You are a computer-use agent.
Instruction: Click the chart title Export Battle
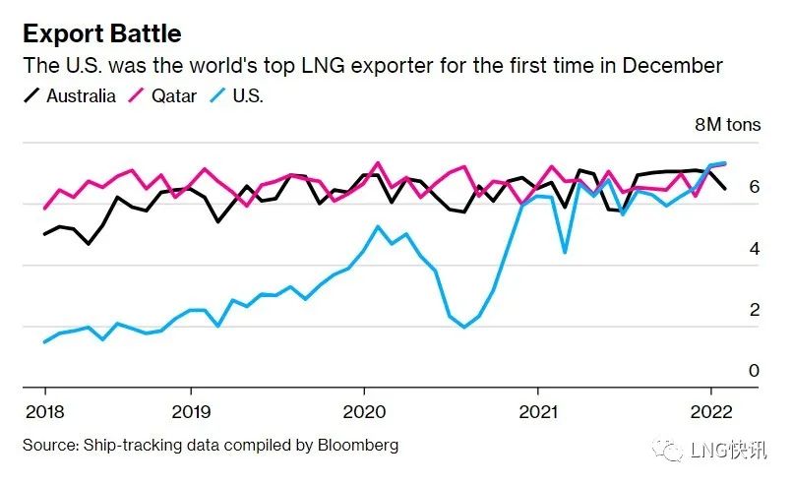click(x=102, y=33)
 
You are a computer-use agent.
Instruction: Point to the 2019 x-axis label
click(x=191, y=410)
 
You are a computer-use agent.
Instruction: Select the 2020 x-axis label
click(x=364, y=410)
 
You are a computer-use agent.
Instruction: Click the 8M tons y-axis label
click(x=728, y=125)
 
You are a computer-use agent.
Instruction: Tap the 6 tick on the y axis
click(x=754, y=187)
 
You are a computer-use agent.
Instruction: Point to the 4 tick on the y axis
click(x=754, y=249)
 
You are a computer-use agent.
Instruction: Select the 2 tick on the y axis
click(x=754, y=310)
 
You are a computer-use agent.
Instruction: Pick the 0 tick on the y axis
click(x=754, y=371)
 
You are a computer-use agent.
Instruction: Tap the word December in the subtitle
click(x=679, y=66)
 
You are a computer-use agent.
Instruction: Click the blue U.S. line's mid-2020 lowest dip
click(x=464, y=327)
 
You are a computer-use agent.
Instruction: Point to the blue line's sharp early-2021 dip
click(x=565, y=253)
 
